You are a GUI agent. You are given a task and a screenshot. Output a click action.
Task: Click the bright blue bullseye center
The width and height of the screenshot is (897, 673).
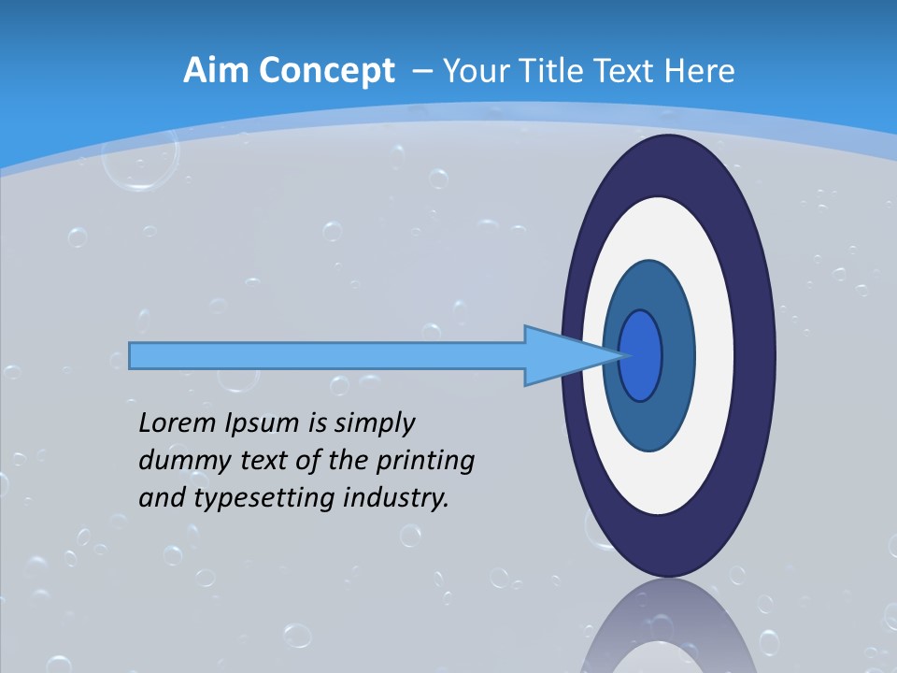coord(642,355)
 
